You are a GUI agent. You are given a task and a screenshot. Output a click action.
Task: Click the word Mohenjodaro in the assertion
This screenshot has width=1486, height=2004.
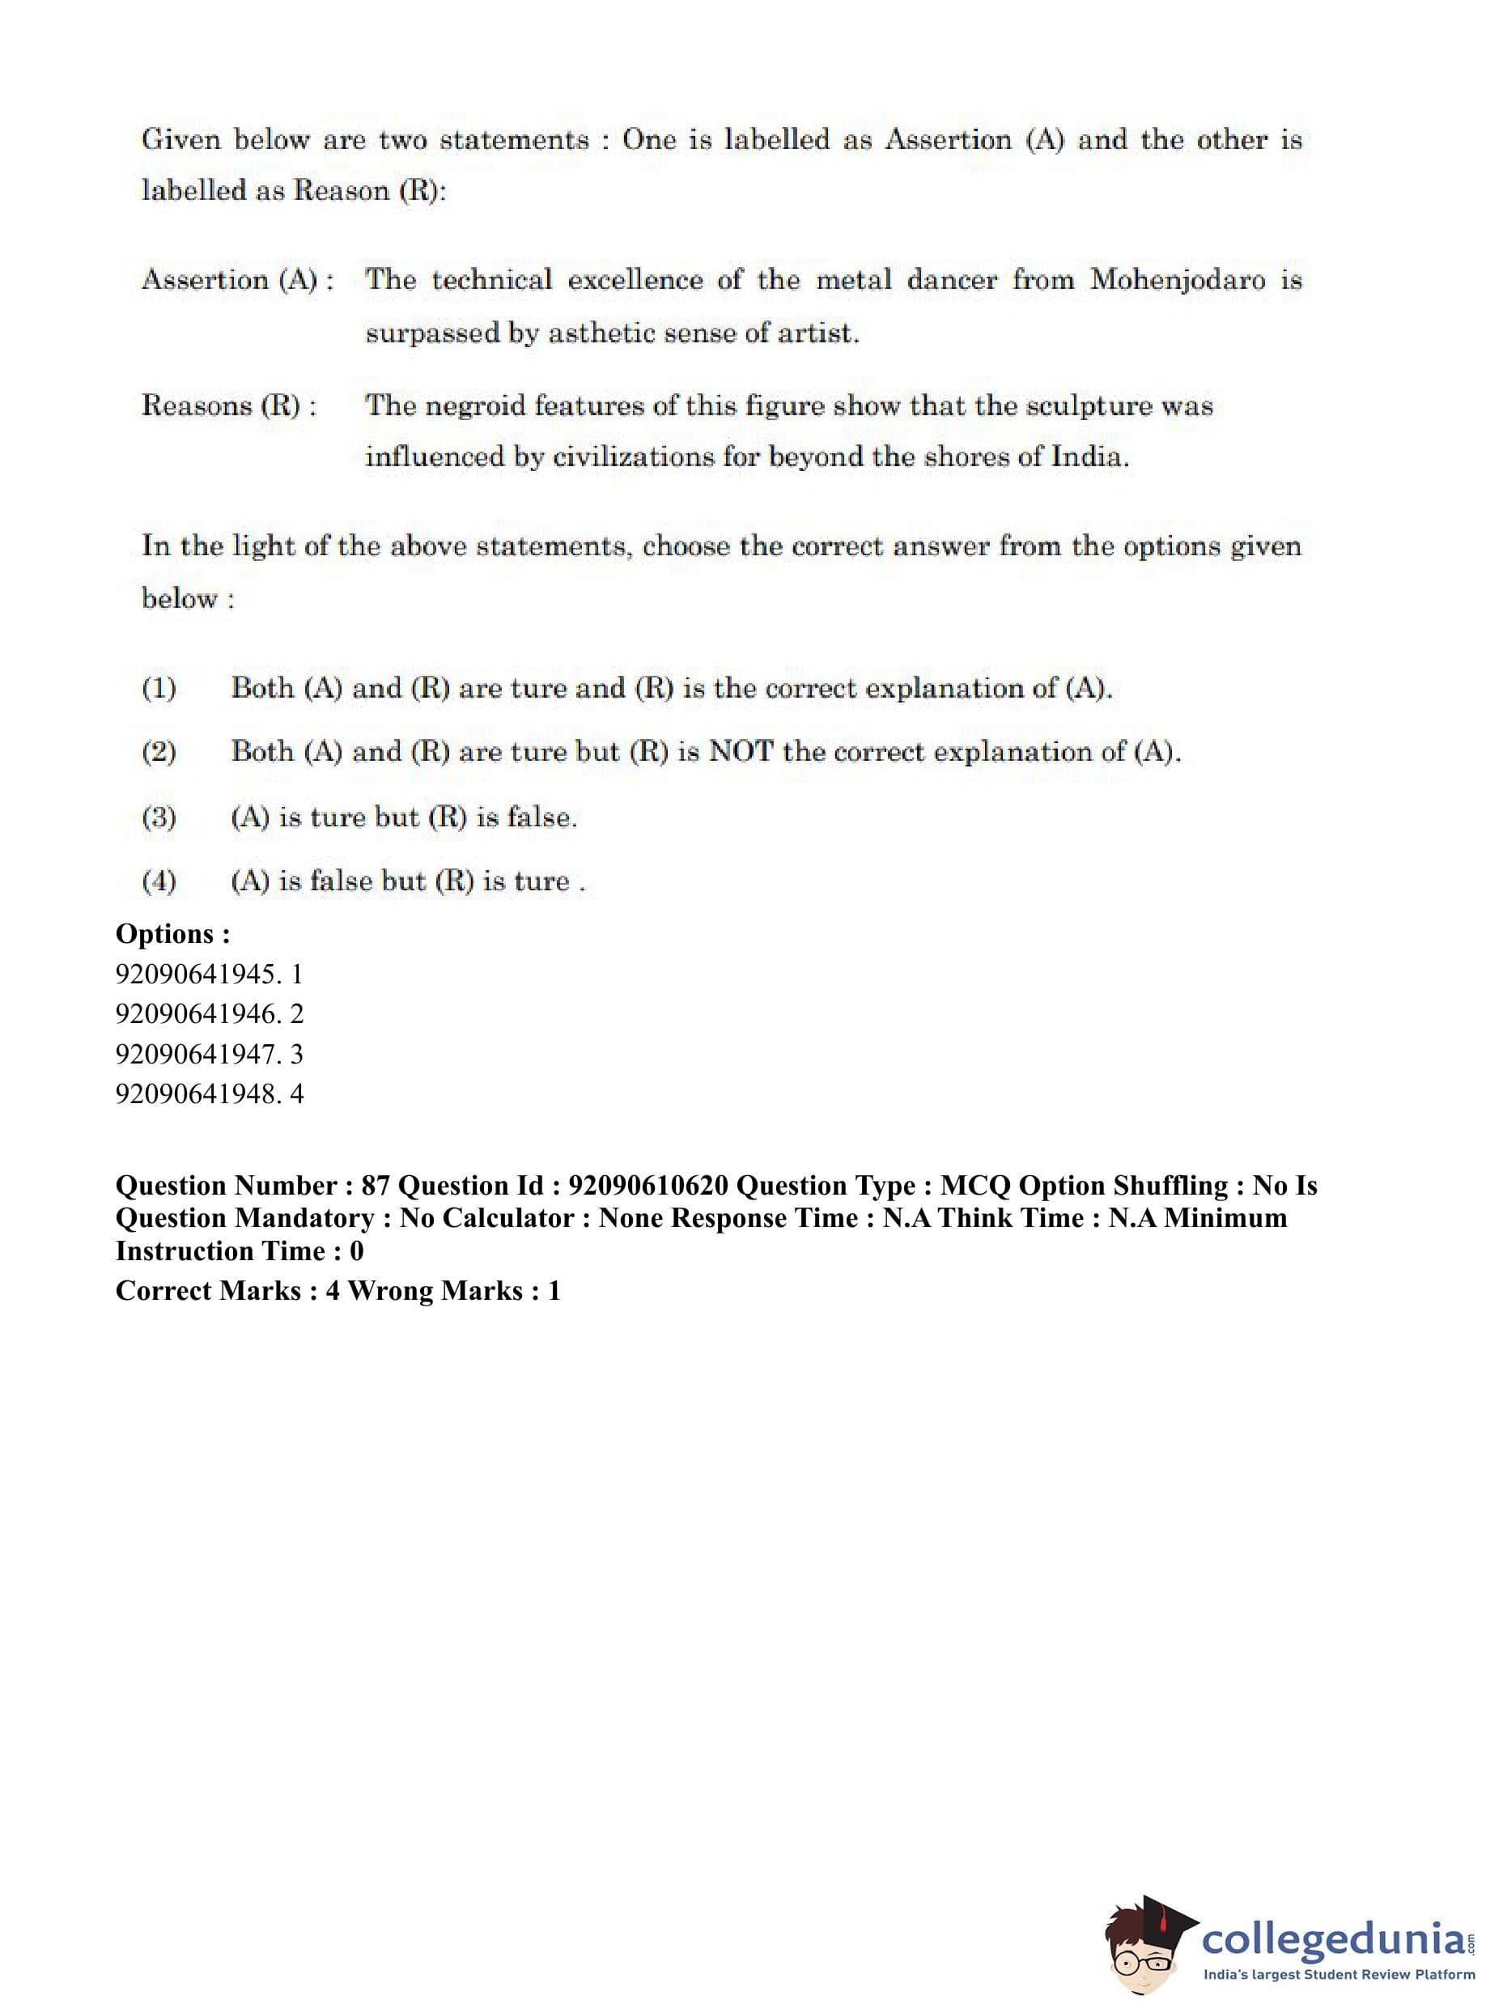[x=1179, y=280]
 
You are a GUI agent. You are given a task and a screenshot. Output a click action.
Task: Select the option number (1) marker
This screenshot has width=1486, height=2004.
[x=159, y=689]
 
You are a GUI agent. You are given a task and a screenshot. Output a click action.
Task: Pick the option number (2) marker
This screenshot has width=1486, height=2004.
[x=159, y=752]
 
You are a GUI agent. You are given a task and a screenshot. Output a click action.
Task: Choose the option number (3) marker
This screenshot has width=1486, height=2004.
[x=159, y=817]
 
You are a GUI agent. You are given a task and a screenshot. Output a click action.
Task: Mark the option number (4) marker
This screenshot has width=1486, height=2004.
[x=159, y=881]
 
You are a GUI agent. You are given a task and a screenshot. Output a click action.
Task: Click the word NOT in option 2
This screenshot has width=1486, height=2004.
[x=741, y=751]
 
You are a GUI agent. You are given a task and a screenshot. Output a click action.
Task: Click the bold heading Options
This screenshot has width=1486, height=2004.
[x=172, y=934]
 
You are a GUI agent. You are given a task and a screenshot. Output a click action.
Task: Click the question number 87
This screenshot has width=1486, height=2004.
[x=374, y=1187]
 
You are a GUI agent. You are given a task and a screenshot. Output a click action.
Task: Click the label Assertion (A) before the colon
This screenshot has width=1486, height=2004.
[x=229, y=280]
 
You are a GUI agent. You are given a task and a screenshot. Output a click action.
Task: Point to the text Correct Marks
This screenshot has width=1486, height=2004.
[x=208, y=1291]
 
